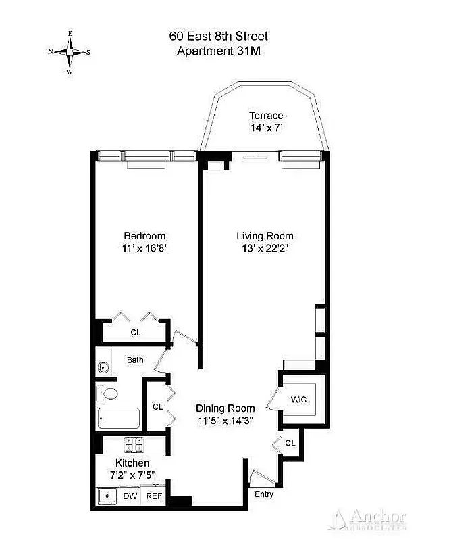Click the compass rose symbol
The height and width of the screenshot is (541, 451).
point(69,52)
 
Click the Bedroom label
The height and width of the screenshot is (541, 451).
point(144,236)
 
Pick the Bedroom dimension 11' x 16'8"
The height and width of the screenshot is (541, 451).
point(144,248)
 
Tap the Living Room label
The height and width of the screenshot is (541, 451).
point(265,236)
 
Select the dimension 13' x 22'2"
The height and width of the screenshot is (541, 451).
point(265,248)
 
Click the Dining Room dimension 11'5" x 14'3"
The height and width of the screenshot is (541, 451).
point(225,421)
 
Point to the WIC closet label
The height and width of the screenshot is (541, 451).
point(298,400)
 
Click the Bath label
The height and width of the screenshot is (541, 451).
point(135,360)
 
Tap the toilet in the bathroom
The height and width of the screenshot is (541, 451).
point(108,394)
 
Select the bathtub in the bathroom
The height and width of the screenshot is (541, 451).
point(119,419)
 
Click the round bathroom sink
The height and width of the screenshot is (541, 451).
point(103,368)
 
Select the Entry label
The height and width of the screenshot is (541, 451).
point(264,494)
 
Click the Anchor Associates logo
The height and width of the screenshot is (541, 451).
point(368,519)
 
